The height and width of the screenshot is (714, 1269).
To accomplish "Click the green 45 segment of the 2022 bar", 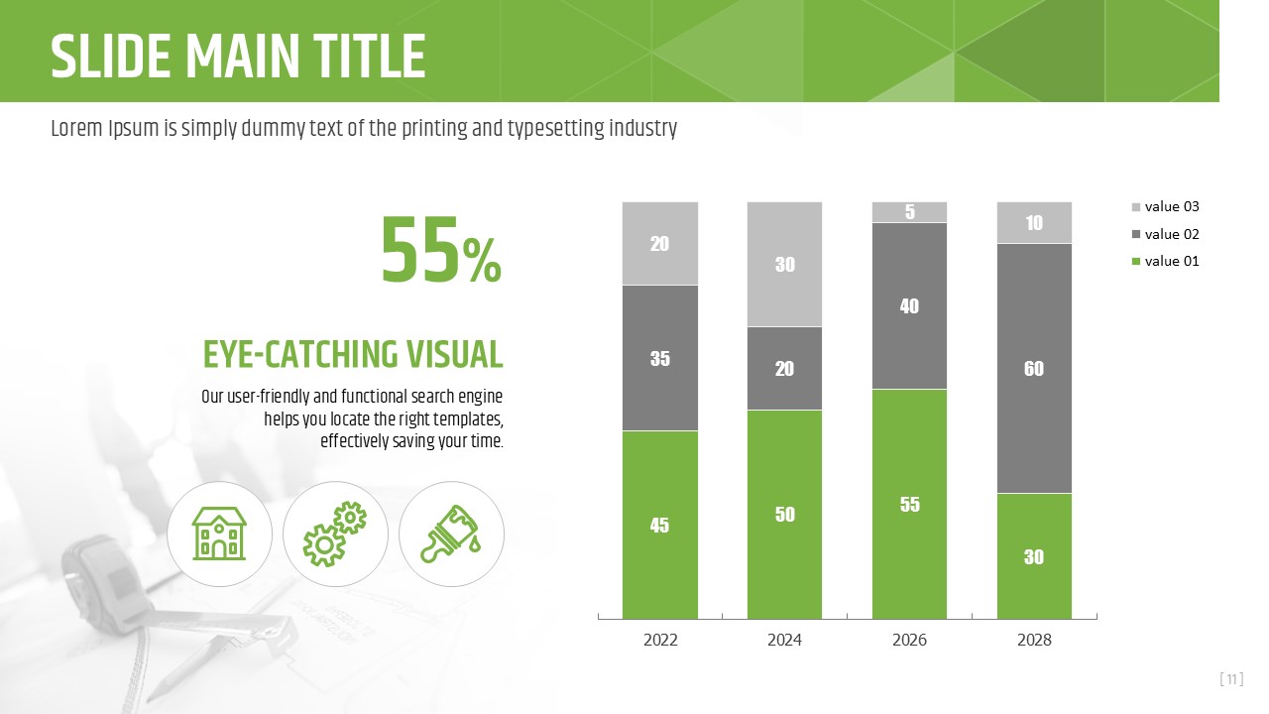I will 660,525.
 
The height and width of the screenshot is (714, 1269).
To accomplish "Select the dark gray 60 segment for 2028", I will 1034,368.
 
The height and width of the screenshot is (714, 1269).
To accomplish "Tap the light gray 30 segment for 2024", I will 784,265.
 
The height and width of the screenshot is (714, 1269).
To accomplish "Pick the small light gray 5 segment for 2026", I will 909,212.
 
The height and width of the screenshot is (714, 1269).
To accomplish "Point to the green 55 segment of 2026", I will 909,504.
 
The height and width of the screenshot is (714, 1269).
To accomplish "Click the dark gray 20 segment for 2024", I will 784,368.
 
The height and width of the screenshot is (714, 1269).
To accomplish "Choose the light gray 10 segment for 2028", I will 1034,223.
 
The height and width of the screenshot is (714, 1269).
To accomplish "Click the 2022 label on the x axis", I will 660,641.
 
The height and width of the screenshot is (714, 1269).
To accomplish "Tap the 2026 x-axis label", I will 909,641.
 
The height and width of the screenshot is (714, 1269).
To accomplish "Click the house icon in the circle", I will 219,534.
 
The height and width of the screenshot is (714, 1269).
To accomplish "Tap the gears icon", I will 334,534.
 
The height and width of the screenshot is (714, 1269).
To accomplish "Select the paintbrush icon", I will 450,534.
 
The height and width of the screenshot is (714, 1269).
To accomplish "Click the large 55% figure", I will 441,252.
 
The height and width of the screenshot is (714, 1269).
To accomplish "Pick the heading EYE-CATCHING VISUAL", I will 353,354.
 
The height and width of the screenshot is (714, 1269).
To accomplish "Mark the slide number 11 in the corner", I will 1231,679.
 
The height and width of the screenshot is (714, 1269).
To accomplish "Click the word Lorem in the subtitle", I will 75,129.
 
